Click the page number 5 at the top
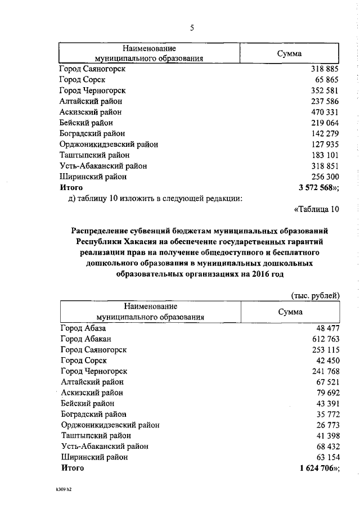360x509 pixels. (191, 27)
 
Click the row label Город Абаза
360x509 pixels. (83, 328)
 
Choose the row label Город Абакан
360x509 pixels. (85, 339)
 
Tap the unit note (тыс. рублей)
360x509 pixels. (316, 295)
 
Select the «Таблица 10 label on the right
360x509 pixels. (317, 210)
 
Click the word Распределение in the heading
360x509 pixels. (103, 231)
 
